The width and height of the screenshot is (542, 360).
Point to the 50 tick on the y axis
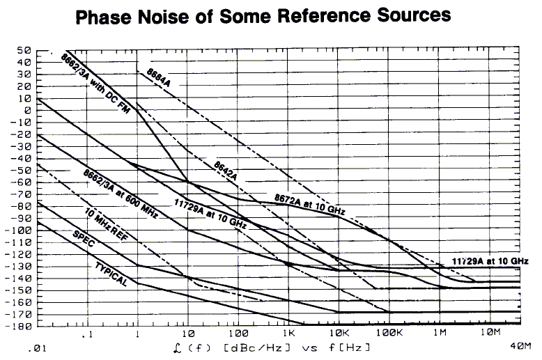pos(24,51)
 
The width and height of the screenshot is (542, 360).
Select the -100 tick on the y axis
pos(20,230)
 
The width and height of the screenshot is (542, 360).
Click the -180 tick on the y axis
pos(20,327)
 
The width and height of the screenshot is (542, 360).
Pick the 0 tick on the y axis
pos(27,111)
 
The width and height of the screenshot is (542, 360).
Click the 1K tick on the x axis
pos(288,334)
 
